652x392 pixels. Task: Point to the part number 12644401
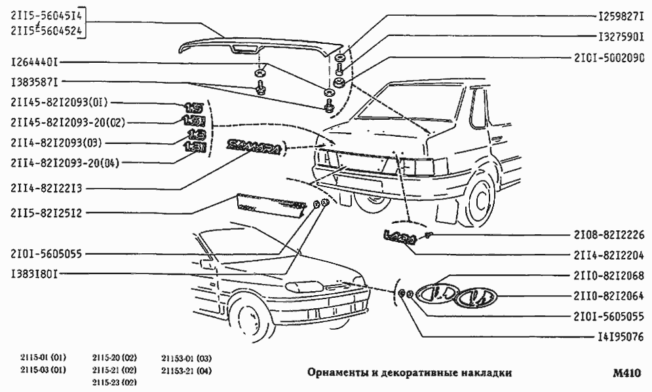tap(35, 63)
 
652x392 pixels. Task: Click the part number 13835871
tap(35, 84)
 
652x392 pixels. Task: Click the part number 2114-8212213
tap(45, 189)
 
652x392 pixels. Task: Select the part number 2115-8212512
tap(45, 212)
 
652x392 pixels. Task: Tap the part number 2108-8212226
tap(605, 234)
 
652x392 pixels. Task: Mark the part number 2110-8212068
tap(605, 276)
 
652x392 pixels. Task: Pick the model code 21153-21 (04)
tap(186, 372)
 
